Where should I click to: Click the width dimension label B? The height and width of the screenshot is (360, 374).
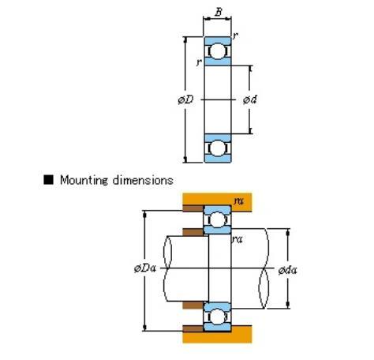click(219, 12)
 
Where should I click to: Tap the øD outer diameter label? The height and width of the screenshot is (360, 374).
click(185, 99)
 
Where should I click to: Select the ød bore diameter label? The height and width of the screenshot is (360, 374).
click(250, 99)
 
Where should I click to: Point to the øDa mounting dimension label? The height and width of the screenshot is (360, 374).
click(145, 268)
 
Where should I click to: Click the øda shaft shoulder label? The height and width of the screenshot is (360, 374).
click(288, 270)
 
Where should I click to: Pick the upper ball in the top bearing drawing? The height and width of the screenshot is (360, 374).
click(218, 51)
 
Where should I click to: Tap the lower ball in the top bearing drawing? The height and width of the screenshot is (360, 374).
click(218, 148)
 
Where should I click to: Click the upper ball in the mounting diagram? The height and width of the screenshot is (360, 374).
click(217, 219)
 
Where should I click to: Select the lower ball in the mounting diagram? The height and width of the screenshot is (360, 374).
click(217, 317)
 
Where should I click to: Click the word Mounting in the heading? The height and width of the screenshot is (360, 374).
click(84, 181)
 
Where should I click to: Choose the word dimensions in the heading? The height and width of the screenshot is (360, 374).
click(143, 180)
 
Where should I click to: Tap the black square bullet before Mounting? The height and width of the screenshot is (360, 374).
click(48, 180)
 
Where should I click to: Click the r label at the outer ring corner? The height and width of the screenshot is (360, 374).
click(235, 36)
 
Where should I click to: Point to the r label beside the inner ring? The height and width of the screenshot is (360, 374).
click(200, 62)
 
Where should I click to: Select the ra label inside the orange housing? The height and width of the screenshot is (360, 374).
click(239, 201)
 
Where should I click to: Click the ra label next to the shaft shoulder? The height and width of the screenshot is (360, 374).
click(237, 239)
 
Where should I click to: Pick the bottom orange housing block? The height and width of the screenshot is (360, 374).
click(217, 335)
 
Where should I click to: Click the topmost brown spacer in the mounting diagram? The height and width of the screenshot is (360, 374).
click(193, 208)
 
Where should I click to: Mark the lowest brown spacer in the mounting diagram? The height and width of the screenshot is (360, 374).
click(193, 328)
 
